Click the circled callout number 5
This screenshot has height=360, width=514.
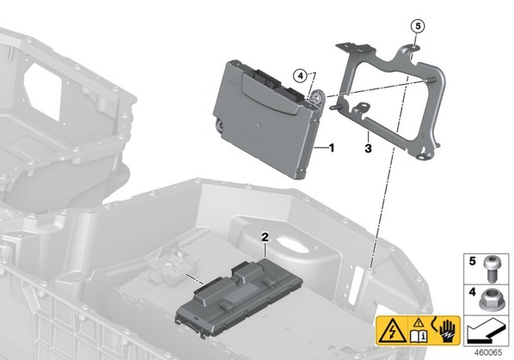418,26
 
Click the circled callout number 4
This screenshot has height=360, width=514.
300,76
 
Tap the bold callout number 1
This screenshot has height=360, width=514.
332,148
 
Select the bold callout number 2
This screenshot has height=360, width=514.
265,237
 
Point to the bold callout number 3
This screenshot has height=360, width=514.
368,149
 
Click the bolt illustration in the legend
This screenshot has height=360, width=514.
490,269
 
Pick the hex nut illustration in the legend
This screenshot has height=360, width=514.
490,300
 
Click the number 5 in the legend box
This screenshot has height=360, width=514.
472,261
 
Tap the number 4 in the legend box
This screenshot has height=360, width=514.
472,291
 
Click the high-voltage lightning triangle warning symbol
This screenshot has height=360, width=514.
392,331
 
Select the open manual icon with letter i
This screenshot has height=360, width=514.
419,335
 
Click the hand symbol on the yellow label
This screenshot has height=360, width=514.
448,330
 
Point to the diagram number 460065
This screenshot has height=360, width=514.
488,353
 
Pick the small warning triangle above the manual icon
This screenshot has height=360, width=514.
419,323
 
